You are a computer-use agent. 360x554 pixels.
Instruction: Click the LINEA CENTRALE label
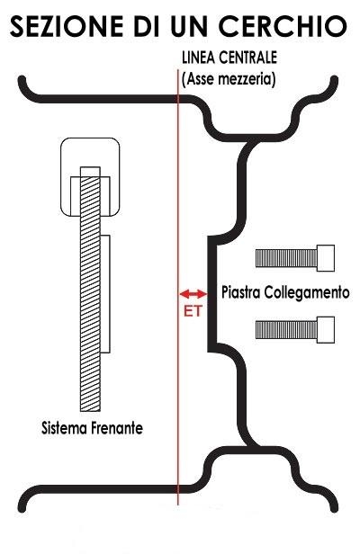[229, 58]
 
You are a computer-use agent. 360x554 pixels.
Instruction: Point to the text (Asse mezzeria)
[229, 79]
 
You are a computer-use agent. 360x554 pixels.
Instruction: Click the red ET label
[193, 311]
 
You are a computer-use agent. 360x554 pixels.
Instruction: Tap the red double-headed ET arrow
[193, 293]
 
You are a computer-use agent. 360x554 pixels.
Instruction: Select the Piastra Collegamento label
[285, 292]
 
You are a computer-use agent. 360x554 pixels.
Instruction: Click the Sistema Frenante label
[93, 428]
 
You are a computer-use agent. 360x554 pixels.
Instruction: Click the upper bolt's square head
[326, 258]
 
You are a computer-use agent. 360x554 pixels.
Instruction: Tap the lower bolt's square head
[326, 330]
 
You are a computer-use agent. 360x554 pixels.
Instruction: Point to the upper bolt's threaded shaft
[286, 258]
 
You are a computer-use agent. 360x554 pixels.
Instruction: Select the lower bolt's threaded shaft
[286, 330]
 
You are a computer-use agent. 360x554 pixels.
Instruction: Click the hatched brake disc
[90, 289]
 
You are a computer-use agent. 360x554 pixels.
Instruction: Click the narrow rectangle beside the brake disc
[105, 294]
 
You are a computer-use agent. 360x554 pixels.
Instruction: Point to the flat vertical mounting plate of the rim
[211, 294]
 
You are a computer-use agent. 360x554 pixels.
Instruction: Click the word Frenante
[117, 428]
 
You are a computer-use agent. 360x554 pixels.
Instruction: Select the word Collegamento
[307, 292]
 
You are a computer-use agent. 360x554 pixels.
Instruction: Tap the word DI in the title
[147, 26]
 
